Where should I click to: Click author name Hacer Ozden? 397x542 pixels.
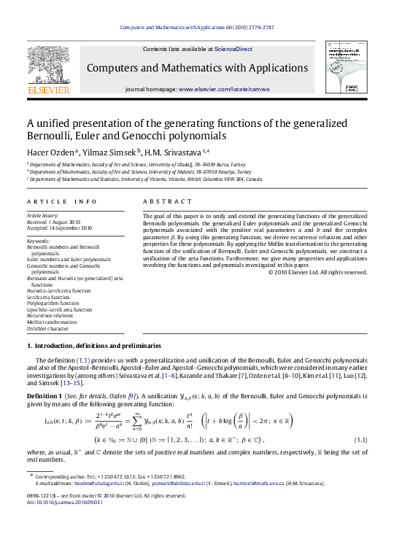[x=50, y=152]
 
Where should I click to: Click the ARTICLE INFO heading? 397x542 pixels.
[x=61, y=201]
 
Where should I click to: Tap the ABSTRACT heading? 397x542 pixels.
[x=167, y=201]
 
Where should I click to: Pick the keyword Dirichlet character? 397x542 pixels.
[x=49, y=329]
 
